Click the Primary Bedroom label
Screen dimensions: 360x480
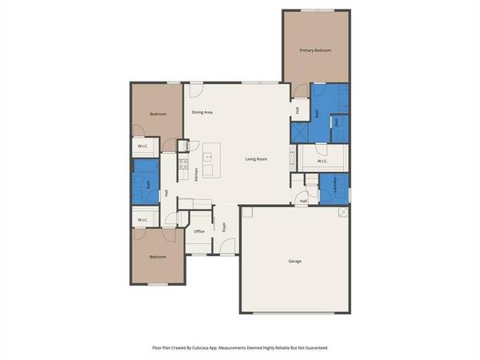pos(315,50)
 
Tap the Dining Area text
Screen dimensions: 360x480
pos(202,112)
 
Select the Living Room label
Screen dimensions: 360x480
pos(256,159)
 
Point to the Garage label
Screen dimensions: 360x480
pos(295,261)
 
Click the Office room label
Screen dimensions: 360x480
pos(199,231)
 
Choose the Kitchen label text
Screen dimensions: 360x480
pos(197,175)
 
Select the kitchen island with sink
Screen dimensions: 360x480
pos(210,160)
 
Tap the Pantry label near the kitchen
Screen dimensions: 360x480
pos(188,146)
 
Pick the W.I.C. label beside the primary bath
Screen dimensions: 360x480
pos(322,161)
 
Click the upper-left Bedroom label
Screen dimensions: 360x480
pos(158,114)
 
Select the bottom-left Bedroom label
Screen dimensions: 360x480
pos(158,257)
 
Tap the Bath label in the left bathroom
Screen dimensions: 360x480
pos(149,185)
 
